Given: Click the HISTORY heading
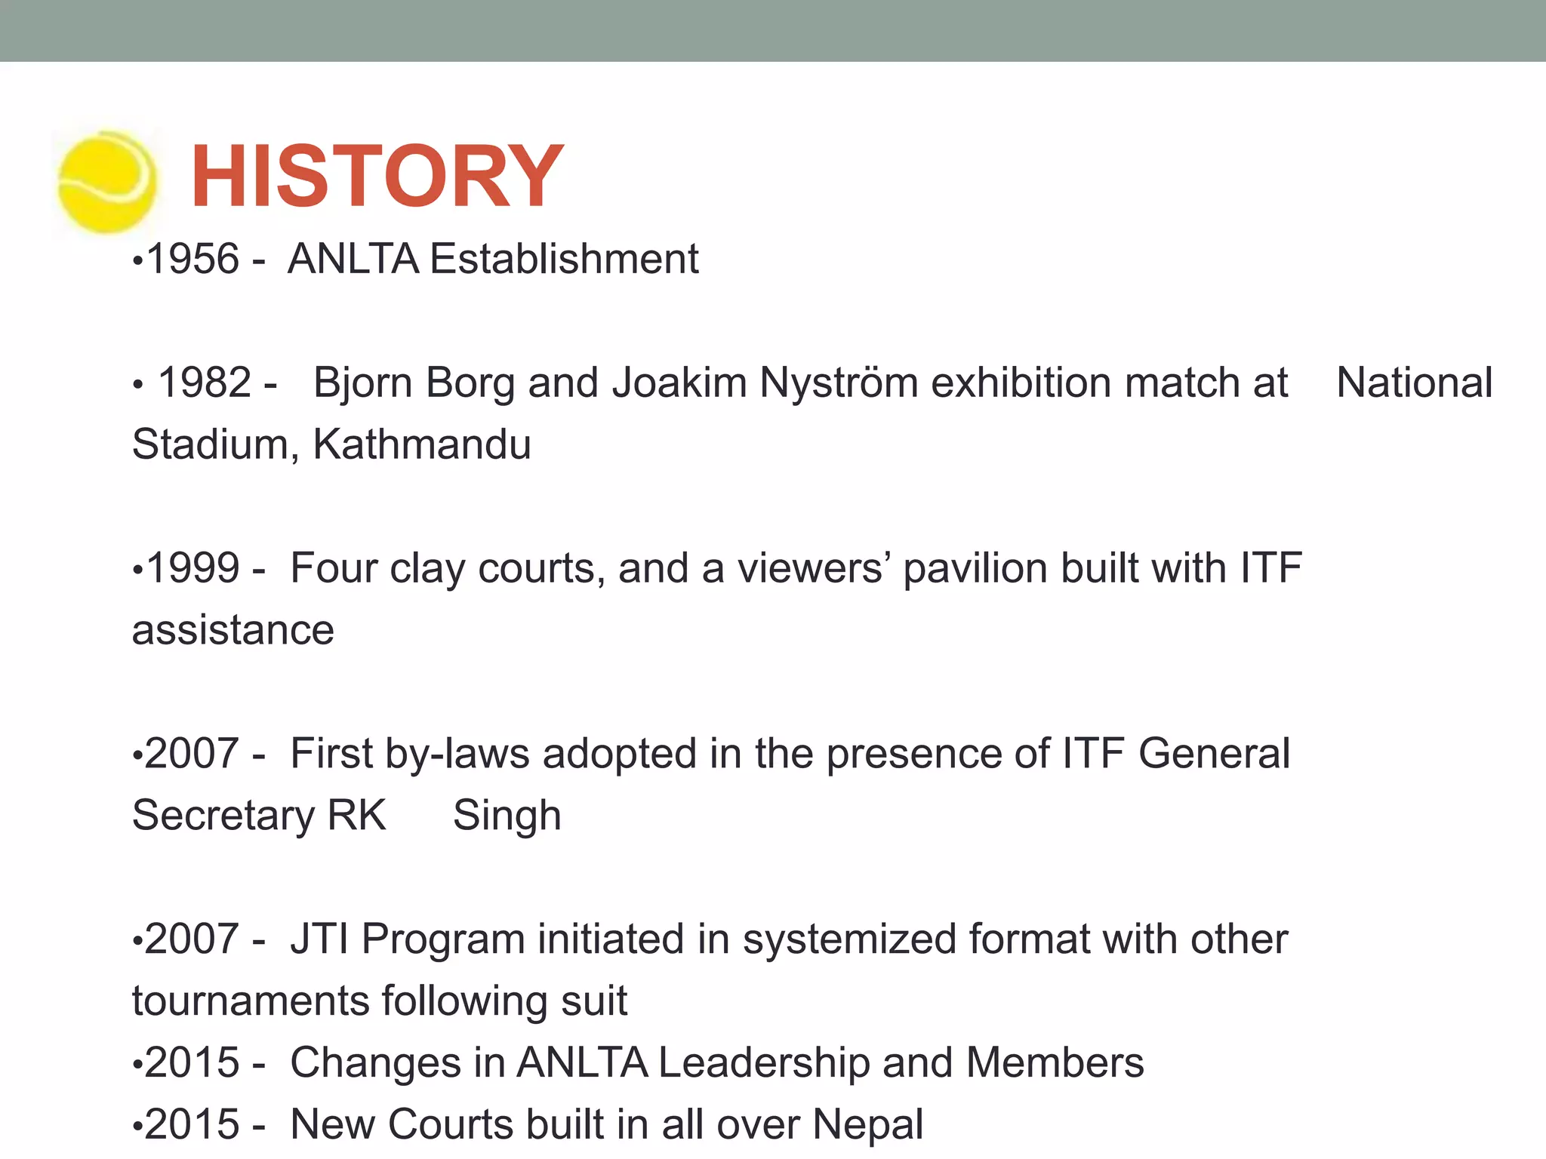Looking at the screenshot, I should click(x=377, y=177).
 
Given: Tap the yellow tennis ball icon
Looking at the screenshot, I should click(x=108, y=181).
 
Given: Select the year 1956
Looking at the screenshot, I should click(x=193, y=259).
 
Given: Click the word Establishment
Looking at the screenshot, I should click(x=564, y=259).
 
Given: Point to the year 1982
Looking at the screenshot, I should click(x=205, y=383).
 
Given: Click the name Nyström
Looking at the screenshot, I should click(x=838, y=383).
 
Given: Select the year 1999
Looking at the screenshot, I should click(x=193, y=568).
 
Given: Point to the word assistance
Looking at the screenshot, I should click(x=233, y=631).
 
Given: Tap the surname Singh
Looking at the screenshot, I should click(x=507, y=816).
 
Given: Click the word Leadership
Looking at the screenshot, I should click(x=764, y=1064).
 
